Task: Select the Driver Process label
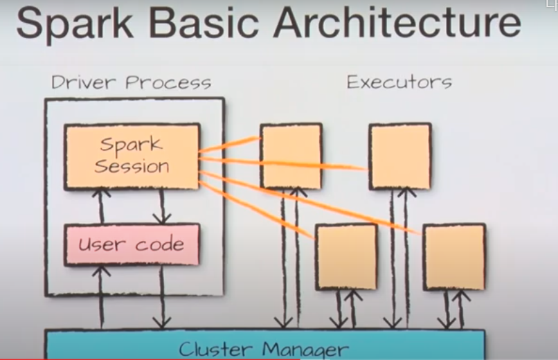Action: (x=131, y=83)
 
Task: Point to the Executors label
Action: (x=399, y=82)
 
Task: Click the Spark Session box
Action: (x=132, y=156)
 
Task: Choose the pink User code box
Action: (x=132, y=244)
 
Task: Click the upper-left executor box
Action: (x=291, y=156)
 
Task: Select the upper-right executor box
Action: (x=399, y=156)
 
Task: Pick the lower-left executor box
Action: (x=346, y=255)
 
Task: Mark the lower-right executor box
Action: (x=454, y=256)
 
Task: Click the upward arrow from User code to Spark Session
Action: (x=102, y=206)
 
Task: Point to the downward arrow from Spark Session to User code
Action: (x=162, y=206)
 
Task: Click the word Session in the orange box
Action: (x=132, y=167)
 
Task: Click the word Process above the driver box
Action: (x=170, y=83)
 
